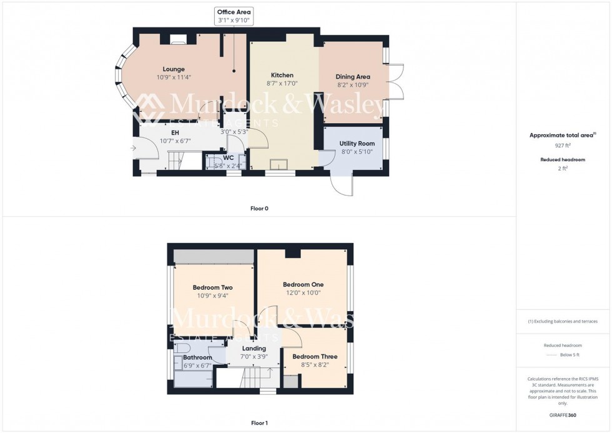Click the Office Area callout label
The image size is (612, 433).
click(234, 12)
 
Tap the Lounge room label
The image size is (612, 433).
click(174, 69)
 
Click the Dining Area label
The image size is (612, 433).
click(353, 77)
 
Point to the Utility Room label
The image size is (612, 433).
click(357, 144)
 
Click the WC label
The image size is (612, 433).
click(229, 157)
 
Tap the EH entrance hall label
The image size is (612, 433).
click(175, 132)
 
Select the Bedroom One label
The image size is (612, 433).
click(303, 284)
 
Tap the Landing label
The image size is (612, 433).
click(254, 349)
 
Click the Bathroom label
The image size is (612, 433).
click(197, 358)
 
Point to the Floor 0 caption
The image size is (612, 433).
click(259, 208)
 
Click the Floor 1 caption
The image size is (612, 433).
click(259, 423)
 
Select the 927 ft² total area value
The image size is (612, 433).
click(563, 145)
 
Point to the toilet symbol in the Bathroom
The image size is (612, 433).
click(182, 347)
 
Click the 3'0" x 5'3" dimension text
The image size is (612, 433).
click(234, 132)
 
